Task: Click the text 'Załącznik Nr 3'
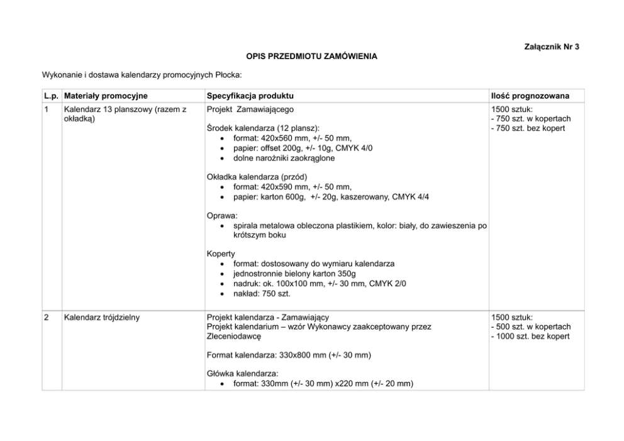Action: [551, 47]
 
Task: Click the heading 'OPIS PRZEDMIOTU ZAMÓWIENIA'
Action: [312, 56]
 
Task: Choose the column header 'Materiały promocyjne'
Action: [106, 96]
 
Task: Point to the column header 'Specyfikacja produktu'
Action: [250, 96]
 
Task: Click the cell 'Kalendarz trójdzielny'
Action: [102, 317]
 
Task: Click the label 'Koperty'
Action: [221, 254]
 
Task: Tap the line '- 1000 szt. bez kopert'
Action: [531, 336]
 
